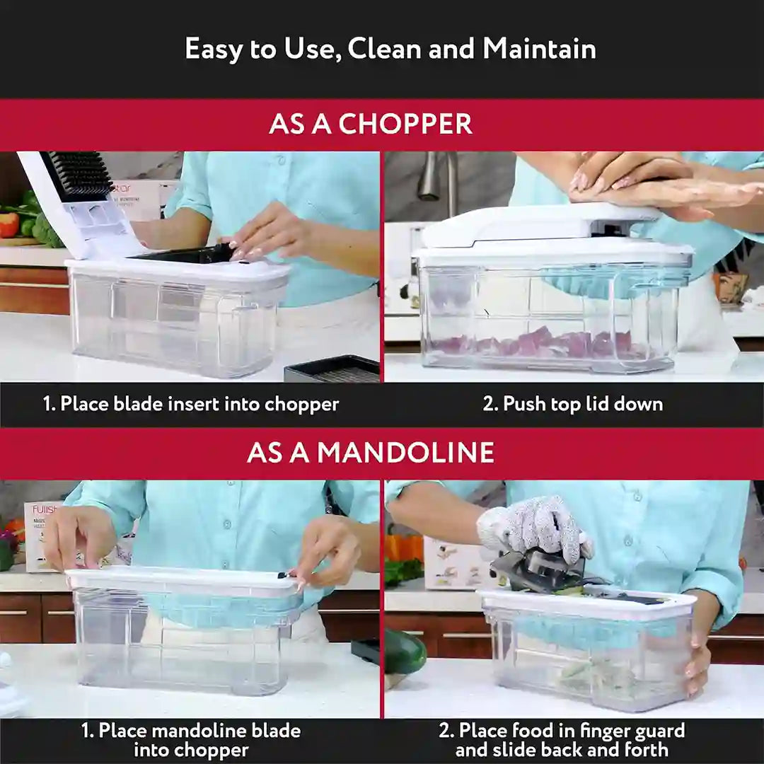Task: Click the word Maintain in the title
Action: click(539, 49)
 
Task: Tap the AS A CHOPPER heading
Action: click(370, 124)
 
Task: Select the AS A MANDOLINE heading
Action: click(370, 453)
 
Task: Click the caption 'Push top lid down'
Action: click(572, 404)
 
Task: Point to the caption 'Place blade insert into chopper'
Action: click(191, 404)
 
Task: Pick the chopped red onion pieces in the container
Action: click(538, 345)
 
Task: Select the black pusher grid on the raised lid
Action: click(78, 174)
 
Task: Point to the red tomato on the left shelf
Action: click(8, 224)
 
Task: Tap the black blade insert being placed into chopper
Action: click(187, 253)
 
